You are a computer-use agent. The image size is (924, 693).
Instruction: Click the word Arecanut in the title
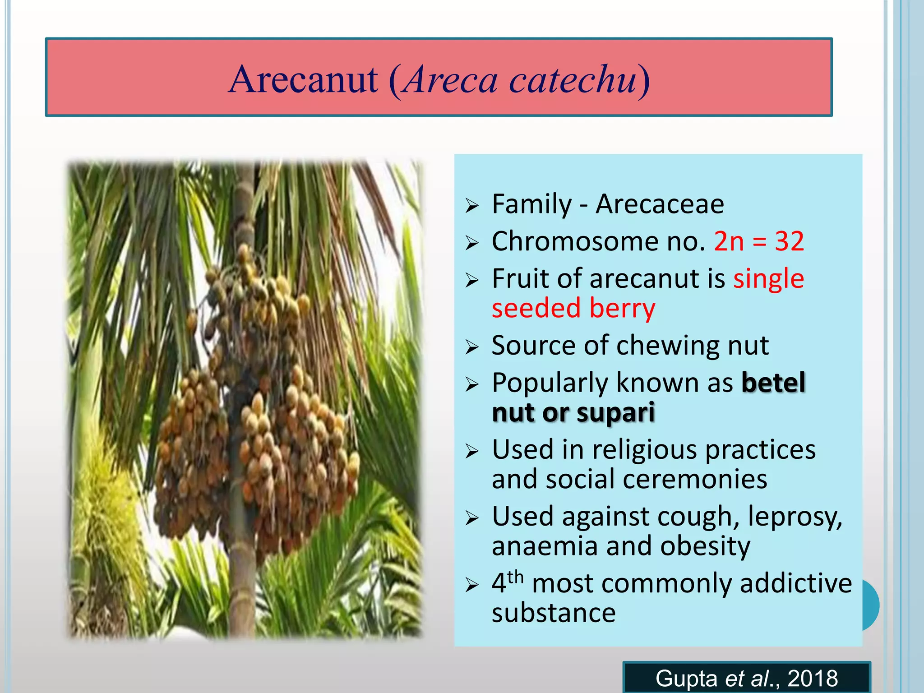(303, 80)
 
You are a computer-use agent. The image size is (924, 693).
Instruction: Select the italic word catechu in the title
(573, 80)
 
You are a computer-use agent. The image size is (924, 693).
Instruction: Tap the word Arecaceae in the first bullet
(660, 204)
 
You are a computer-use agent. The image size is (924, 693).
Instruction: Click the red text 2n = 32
(759, 241)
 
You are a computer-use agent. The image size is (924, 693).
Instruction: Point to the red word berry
(622, 309)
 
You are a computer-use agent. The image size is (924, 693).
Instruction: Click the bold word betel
(773, 383)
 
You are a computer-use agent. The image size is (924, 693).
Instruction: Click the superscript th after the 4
(515, 577)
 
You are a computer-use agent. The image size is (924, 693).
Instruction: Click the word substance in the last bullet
(554, 613)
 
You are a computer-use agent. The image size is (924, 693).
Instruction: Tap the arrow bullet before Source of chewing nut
(472, 347)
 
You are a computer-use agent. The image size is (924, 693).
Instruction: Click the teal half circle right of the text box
(871, 605)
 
